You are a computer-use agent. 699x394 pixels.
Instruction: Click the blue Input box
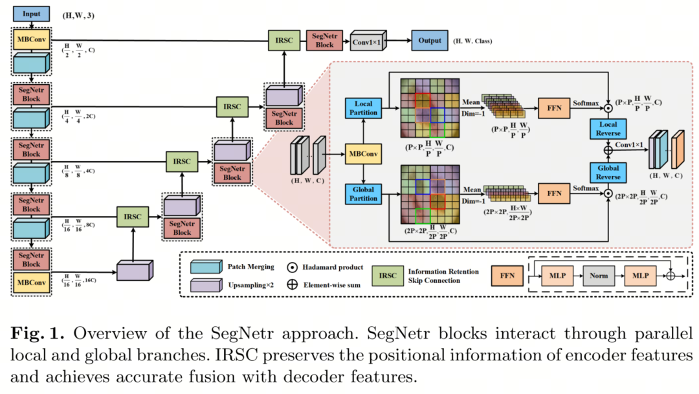coord(30,14)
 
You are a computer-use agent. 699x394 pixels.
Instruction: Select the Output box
coord(429,40)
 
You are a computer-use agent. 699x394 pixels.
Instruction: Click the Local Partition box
coord(363,109)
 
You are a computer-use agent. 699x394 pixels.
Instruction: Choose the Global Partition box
coord(363,195)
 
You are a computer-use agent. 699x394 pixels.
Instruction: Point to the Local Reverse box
coord(607,129)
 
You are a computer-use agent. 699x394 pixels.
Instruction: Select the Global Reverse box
coord(607,172)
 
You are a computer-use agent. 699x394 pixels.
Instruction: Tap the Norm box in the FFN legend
coord(599,276)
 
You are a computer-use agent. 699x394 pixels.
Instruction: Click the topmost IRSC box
coord(283,40)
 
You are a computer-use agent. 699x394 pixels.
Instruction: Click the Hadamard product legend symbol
coord(292,267)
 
